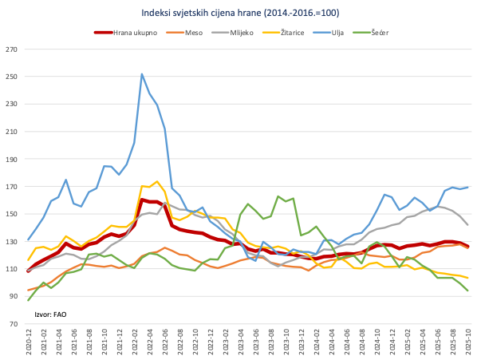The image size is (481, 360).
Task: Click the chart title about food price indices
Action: coord(240,12)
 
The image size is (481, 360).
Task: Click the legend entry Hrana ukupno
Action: coord(127,33)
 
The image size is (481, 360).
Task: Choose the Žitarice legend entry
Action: coord(296,33)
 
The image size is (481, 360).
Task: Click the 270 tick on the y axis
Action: coord(11,49)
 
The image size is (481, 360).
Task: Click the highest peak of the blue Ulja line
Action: coord(142,74)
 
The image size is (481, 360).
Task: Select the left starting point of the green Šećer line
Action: coord(29,300)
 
